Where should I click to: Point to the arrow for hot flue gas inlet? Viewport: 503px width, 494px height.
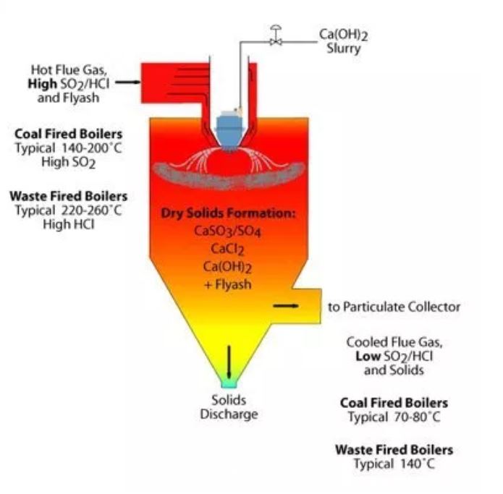[127, 82]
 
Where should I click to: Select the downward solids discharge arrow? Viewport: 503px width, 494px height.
[229, 360]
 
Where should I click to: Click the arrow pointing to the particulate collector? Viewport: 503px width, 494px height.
[285, 306]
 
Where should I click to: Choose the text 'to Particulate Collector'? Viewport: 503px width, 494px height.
[394, 307]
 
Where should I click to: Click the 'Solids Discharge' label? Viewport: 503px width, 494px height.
[229, 407]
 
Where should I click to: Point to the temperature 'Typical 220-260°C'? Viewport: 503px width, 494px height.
[68, 210]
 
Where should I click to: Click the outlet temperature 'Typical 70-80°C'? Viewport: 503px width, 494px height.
[394, 417]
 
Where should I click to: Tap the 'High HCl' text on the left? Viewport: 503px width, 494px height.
[68, 224]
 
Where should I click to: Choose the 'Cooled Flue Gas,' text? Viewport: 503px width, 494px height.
[394, 343]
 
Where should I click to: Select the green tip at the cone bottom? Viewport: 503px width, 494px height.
[229, 386]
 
